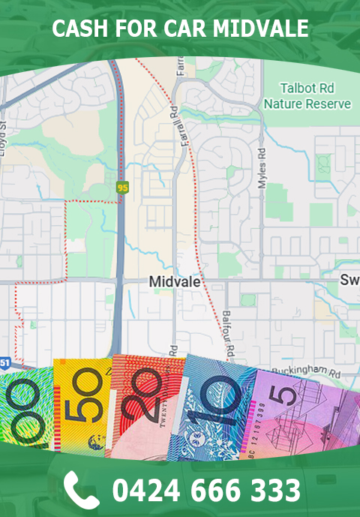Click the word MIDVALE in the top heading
(262, 29)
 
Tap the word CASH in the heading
(79, 29)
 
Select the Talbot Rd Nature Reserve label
(307, 95)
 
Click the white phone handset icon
(81, 489)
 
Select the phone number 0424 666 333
(206, 490)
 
